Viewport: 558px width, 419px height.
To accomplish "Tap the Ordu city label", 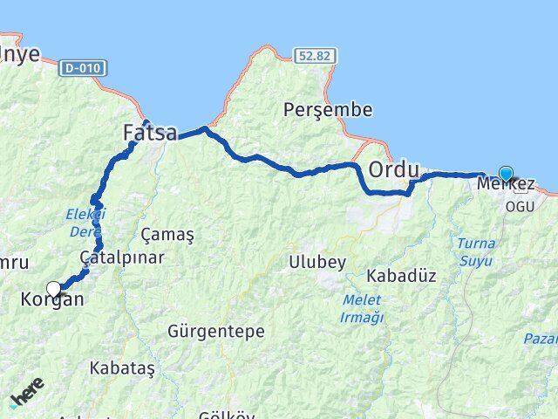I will point(394,168).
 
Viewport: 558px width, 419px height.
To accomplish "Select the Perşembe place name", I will point(329,111).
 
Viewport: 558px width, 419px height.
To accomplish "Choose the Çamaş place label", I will point(167,235).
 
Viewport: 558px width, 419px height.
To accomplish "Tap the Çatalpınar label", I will point(121,258).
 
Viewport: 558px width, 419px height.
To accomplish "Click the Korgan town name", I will point(51,300).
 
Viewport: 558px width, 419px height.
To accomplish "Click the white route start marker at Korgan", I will point(54,288).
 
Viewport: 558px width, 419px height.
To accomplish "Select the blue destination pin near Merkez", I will point(505,174).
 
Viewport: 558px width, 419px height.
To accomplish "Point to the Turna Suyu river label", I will point(473,250).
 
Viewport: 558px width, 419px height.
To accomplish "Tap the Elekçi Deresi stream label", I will point(85,222).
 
